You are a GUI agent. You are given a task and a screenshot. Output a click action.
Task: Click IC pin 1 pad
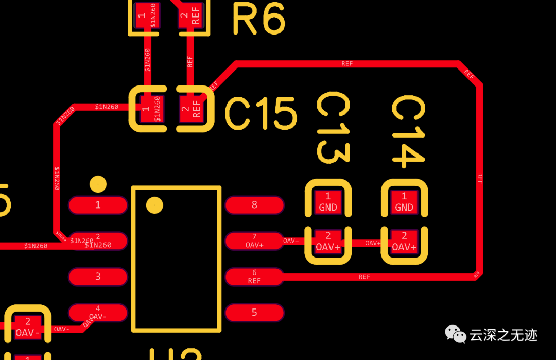pos(98,205)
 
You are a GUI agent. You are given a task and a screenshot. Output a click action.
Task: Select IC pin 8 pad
pos(254,205)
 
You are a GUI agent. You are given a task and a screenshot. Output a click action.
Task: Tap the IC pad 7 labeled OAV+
pos(254,241)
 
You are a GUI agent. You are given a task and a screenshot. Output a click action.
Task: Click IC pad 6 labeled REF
pos(254,277)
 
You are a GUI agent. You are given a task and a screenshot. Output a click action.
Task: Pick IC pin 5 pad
pos(254,312)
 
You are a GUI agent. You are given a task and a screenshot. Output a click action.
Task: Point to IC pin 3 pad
pos(98,277)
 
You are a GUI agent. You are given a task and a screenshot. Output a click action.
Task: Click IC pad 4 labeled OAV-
pos(98,312)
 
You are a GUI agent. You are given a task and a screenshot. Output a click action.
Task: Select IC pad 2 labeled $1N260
pos(98,241)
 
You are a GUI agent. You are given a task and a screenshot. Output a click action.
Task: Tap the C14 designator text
pos(409,132)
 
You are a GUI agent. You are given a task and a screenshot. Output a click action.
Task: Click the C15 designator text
pos(260,113)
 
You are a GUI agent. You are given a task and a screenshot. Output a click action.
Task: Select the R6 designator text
pos(258,19)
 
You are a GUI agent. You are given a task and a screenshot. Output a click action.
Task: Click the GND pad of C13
pos(328,201)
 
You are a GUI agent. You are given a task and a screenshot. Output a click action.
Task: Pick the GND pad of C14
pos(404,201)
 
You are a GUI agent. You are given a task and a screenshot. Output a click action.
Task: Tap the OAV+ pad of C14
pos(404,242)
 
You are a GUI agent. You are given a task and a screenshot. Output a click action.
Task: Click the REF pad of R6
pos(192,15)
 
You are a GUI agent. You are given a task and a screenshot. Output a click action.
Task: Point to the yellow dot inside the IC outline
pos(154,205)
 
